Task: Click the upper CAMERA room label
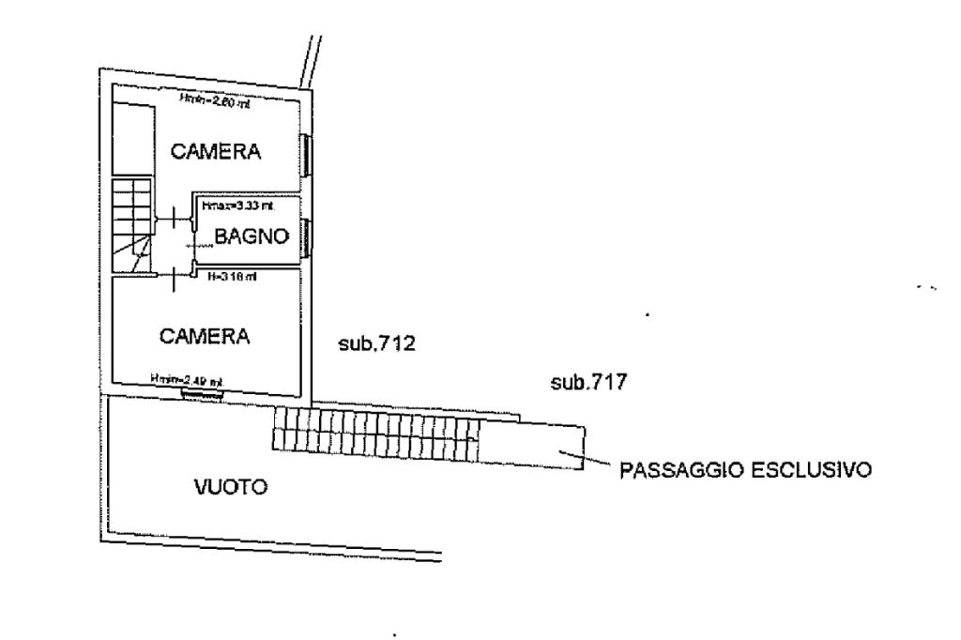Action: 214,151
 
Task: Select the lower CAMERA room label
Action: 205,336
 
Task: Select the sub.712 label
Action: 375,344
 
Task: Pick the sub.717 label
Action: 587,383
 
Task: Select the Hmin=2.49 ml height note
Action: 186,379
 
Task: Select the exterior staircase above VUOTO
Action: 375,434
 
